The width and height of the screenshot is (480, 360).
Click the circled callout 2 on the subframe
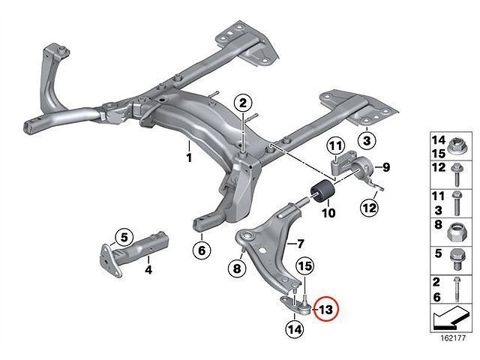pos(243,103)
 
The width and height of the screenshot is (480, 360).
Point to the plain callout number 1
pos(189,158)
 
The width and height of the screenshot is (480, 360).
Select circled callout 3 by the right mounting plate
pos(365,140)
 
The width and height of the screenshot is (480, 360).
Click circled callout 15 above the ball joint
pos(305,266)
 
